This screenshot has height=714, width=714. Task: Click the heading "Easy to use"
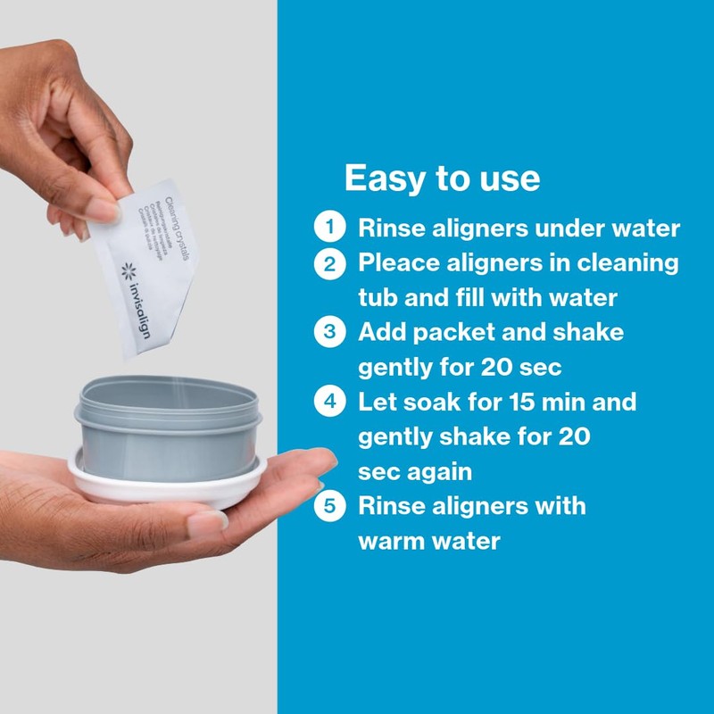442,178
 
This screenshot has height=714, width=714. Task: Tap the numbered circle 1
329,227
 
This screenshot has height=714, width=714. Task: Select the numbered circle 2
329,263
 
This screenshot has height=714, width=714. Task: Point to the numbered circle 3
329,332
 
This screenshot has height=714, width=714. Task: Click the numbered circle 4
329,401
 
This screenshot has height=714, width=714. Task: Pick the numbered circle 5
329,506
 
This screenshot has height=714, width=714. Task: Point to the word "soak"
428,401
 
